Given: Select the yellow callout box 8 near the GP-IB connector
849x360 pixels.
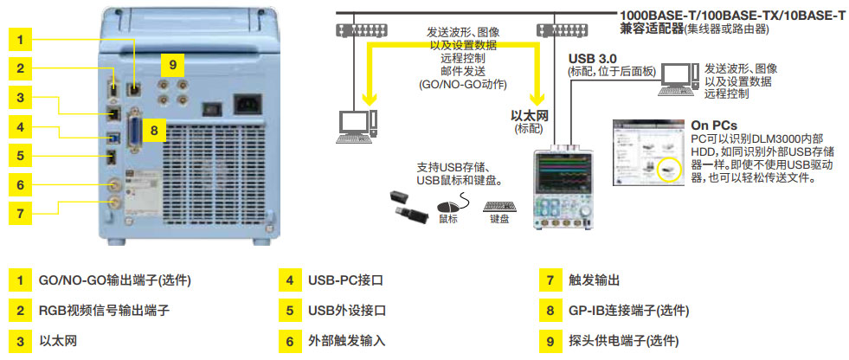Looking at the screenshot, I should pyautogui.click(x=153, y=131).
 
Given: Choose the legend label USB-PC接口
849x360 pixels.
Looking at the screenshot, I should pyautogui.click(x=345, y=281).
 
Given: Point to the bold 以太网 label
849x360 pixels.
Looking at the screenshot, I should pyautogui.click(x=531, y=115).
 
